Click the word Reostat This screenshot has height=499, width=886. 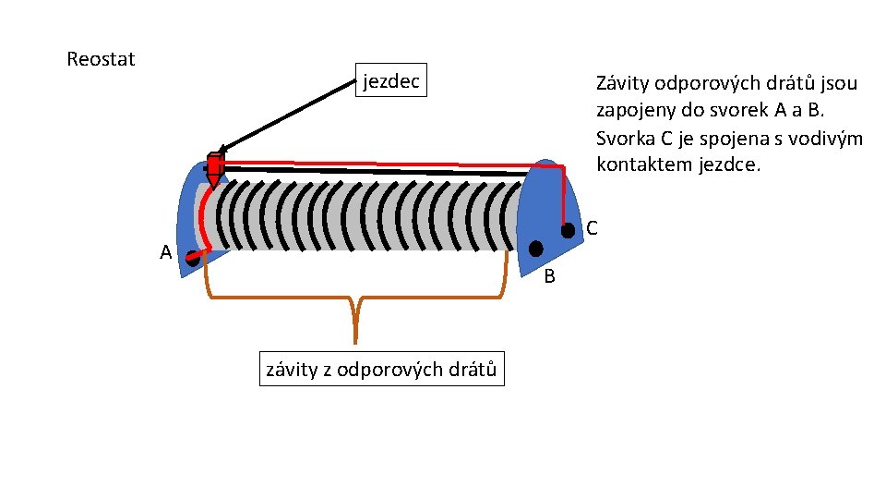pos(101,59)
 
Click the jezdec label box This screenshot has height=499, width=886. pos(391,81)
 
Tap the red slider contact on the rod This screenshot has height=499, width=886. pos(214,167)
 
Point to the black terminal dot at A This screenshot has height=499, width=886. pos(192,259)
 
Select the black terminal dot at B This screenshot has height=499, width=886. pos(535,249)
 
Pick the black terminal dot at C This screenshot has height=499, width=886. pos(569,229)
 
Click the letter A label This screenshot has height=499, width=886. pos(165,251)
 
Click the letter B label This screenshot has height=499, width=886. pos(548,276)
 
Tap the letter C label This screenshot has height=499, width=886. pos(592,227)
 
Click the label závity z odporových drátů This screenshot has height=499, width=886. pos(381,370)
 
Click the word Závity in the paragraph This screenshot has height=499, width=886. pos(623,83)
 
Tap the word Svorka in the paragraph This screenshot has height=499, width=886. pos(625,139)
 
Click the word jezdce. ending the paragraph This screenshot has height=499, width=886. pos(735,166)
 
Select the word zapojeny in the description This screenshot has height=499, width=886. pos(634,111)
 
